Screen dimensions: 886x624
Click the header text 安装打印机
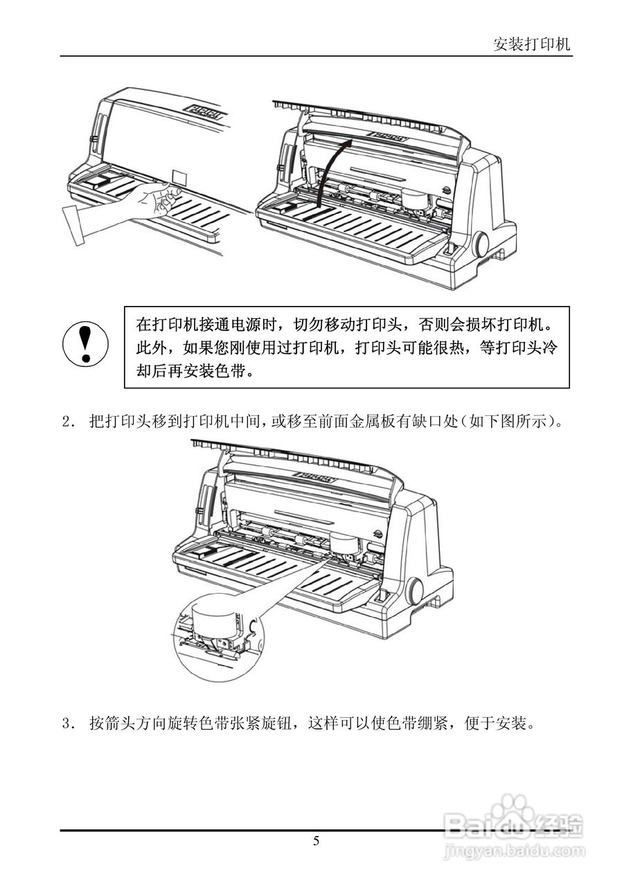coord(531,45)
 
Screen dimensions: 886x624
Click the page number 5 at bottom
coord(316,842)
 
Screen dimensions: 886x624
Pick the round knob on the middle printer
coord(415,590)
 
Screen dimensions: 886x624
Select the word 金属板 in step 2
coord(396,422)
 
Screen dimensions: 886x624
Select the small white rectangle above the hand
coord(177,176)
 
